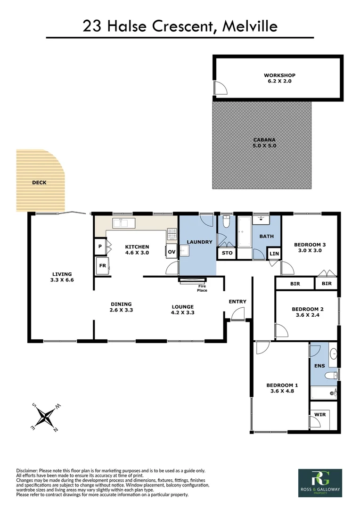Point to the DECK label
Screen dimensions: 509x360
[39, 182]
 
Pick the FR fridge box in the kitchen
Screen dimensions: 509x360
[102, 265]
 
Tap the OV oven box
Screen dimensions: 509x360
[172, 252]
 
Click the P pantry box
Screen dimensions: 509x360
[100, 246]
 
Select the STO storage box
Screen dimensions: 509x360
[227, 253]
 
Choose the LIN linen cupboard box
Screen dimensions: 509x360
[274, 254]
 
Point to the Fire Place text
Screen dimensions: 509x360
[202, 288]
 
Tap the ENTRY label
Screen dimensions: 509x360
[237, 302]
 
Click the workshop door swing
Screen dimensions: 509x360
[219, 88]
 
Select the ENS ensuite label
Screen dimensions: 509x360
[319, 365]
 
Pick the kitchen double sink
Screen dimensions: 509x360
[123, 222]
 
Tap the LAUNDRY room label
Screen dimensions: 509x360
[200, 242]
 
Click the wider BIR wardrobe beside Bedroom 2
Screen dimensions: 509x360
[295, 284]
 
